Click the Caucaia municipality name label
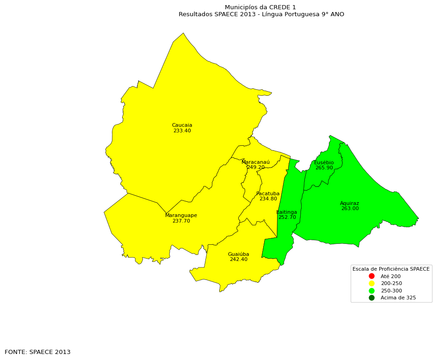pos(182,125)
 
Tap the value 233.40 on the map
pos(182,131)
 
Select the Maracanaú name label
pos(255,162)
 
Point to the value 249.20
pos(255,168)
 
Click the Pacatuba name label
pos(268,194)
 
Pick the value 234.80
pos(268,199)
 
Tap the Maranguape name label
pos(181,216)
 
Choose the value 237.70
pos(181,221)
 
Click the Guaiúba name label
pos(238,254)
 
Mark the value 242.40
pos(238,260)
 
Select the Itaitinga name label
pos(287,212)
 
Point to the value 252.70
pos(287,217)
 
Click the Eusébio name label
pos(324,163)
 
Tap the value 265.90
pos(324,168)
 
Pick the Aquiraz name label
pos(349,204)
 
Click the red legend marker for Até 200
pos(371,276)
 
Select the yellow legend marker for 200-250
pos(371,283)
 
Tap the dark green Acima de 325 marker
pos(371,298)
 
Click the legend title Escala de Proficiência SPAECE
pos(391,269)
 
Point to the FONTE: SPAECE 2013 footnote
pos(37,352)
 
